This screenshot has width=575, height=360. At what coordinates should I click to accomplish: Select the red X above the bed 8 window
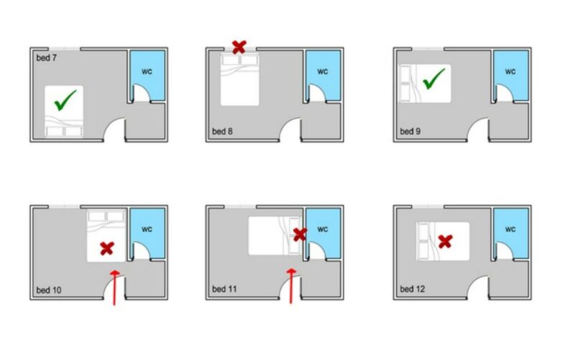tap(239, 47)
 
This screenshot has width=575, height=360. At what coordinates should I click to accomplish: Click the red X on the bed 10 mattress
tap(107, 249)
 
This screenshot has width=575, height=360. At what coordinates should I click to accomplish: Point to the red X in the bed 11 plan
tap(300, 234)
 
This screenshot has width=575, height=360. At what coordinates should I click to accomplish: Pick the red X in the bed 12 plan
tap(445, 241)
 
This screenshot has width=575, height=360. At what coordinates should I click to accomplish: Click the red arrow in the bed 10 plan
tap(115, 287)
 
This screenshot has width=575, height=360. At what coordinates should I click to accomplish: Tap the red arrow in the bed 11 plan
tap(292, 286)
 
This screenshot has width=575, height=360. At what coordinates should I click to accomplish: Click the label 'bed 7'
tap(47, 58)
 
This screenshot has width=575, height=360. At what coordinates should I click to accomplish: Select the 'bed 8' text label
tap(222, 131)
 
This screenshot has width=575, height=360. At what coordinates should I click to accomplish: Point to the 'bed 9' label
tap(410, 131)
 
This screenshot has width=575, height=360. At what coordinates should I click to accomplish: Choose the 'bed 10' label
tap(49, 290)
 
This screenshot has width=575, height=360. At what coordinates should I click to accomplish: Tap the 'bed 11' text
tap(224, 289)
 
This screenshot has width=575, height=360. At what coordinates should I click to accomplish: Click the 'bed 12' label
tap(412, 289)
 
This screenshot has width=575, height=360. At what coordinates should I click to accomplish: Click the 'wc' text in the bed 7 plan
tap(147, 71)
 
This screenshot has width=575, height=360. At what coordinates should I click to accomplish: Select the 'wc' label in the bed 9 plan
tap(510, 71)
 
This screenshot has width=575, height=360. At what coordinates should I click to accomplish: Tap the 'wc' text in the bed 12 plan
tap(510, 229)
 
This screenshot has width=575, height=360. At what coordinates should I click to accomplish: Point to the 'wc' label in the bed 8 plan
tap(323, 71)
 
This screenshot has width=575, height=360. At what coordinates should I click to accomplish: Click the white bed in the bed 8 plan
tap(240, 80)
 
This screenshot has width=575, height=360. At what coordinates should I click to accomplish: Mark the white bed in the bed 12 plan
tap(443, 241)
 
